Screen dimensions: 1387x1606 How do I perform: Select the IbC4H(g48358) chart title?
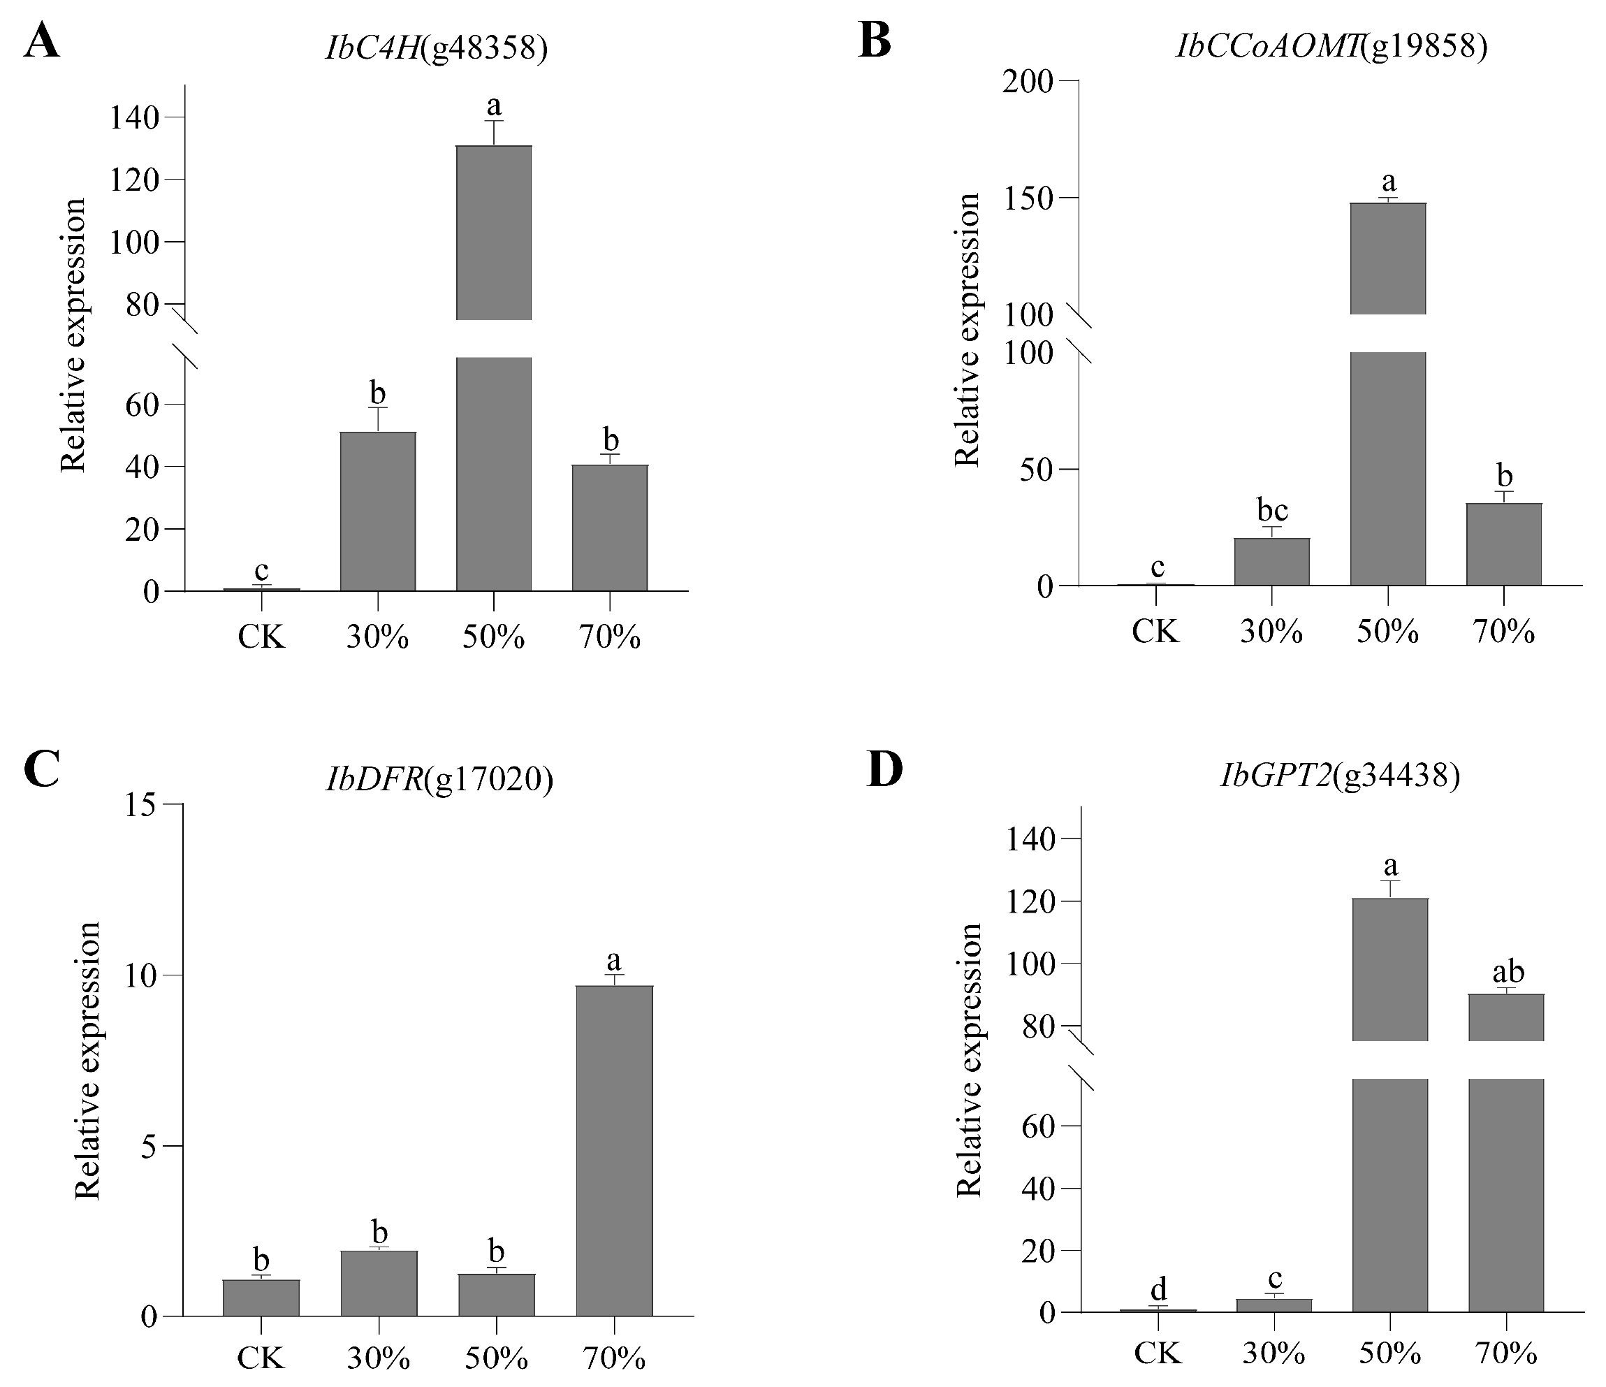coord(437,49)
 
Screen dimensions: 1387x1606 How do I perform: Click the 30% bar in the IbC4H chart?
coord(377,511)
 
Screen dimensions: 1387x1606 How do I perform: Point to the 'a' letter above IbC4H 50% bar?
coord(494,105)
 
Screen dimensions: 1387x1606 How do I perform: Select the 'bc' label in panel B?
coord(1272,510)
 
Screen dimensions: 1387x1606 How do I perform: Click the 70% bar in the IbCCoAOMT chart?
coord(1504,544)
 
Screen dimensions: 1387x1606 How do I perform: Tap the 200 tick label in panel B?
coord(1028,82)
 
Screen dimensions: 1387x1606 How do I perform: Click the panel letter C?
coord(42,769)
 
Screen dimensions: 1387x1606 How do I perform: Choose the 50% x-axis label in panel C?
coord(496,1358)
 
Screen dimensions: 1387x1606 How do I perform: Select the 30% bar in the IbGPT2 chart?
coord(1274,1305)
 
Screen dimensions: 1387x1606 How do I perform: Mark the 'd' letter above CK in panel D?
coord(1159,1289)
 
